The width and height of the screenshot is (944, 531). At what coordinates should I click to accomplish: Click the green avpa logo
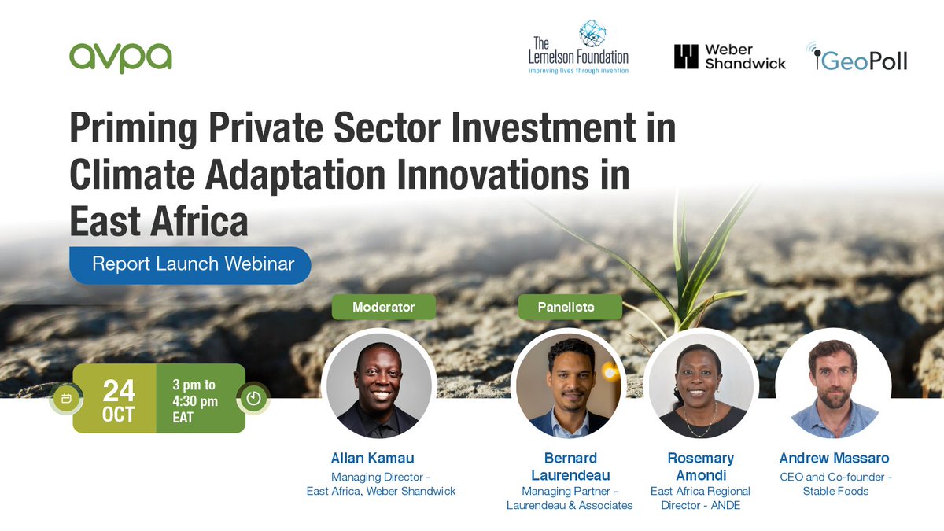(120, 57)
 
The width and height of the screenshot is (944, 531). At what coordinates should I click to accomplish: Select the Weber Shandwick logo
(729, 57)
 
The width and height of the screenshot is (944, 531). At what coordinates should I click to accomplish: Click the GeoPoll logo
(857, 57)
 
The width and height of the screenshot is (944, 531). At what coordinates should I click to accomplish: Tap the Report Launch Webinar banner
(191, 264)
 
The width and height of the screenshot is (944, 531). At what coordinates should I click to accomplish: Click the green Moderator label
(383, 307)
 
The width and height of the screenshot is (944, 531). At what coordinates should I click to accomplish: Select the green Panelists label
(570, 307)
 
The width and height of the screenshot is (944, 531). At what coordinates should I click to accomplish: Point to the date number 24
(118, 390)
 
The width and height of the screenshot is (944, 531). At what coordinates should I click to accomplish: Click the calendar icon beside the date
(66, 399)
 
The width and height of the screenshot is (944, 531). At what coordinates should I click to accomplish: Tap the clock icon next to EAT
(253, 398)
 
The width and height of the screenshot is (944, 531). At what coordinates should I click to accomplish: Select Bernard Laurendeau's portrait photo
(570, 385)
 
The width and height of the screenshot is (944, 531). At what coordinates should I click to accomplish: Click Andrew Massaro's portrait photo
(833, 385)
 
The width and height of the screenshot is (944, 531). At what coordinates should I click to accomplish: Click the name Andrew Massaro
(835, 458)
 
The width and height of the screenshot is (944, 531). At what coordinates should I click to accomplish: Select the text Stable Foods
(835, 491)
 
